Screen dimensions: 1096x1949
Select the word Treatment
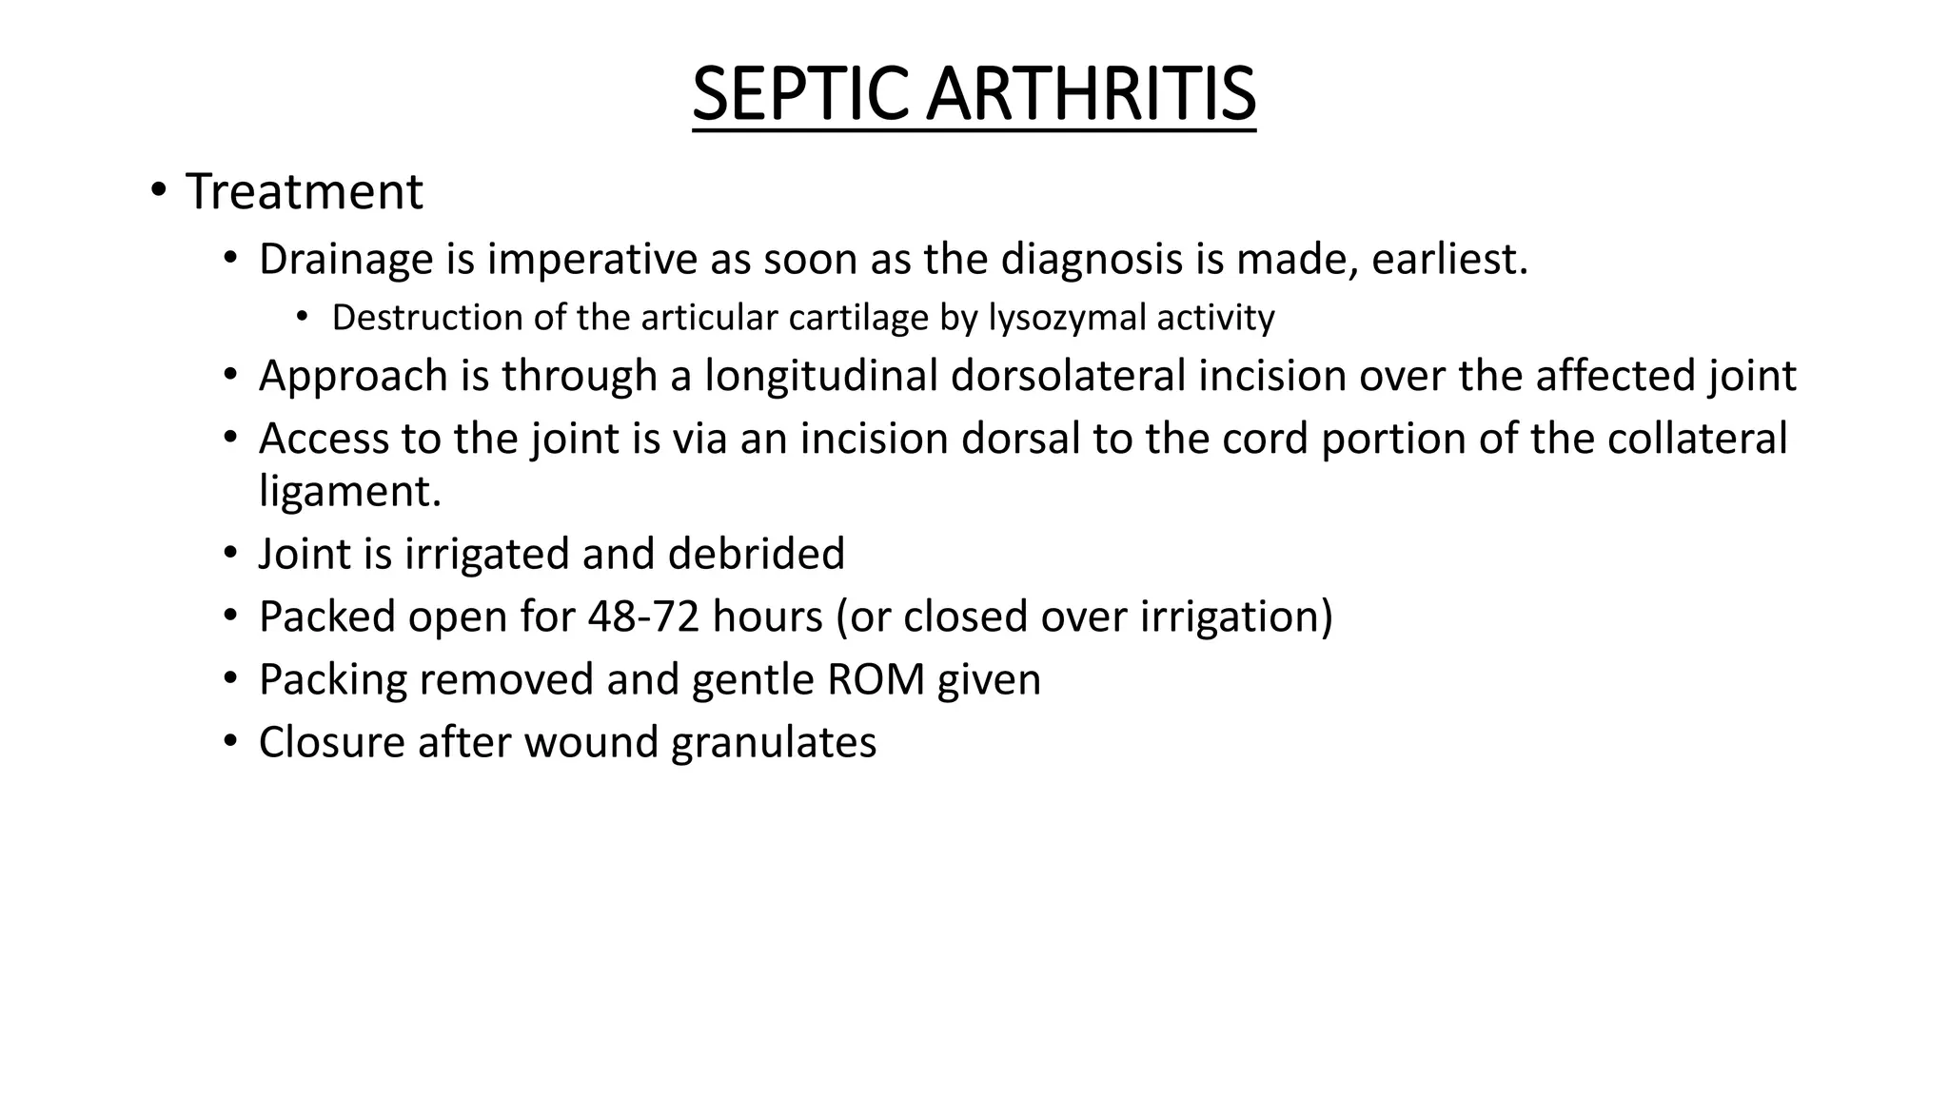(304, 192)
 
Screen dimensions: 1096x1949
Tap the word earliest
(1449, 259)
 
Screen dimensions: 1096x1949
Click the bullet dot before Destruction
(302, 316)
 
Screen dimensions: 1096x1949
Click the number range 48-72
(643, 616)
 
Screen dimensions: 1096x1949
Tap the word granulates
(774, 742)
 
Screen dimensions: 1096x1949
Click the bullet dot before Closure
(229, 740)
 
